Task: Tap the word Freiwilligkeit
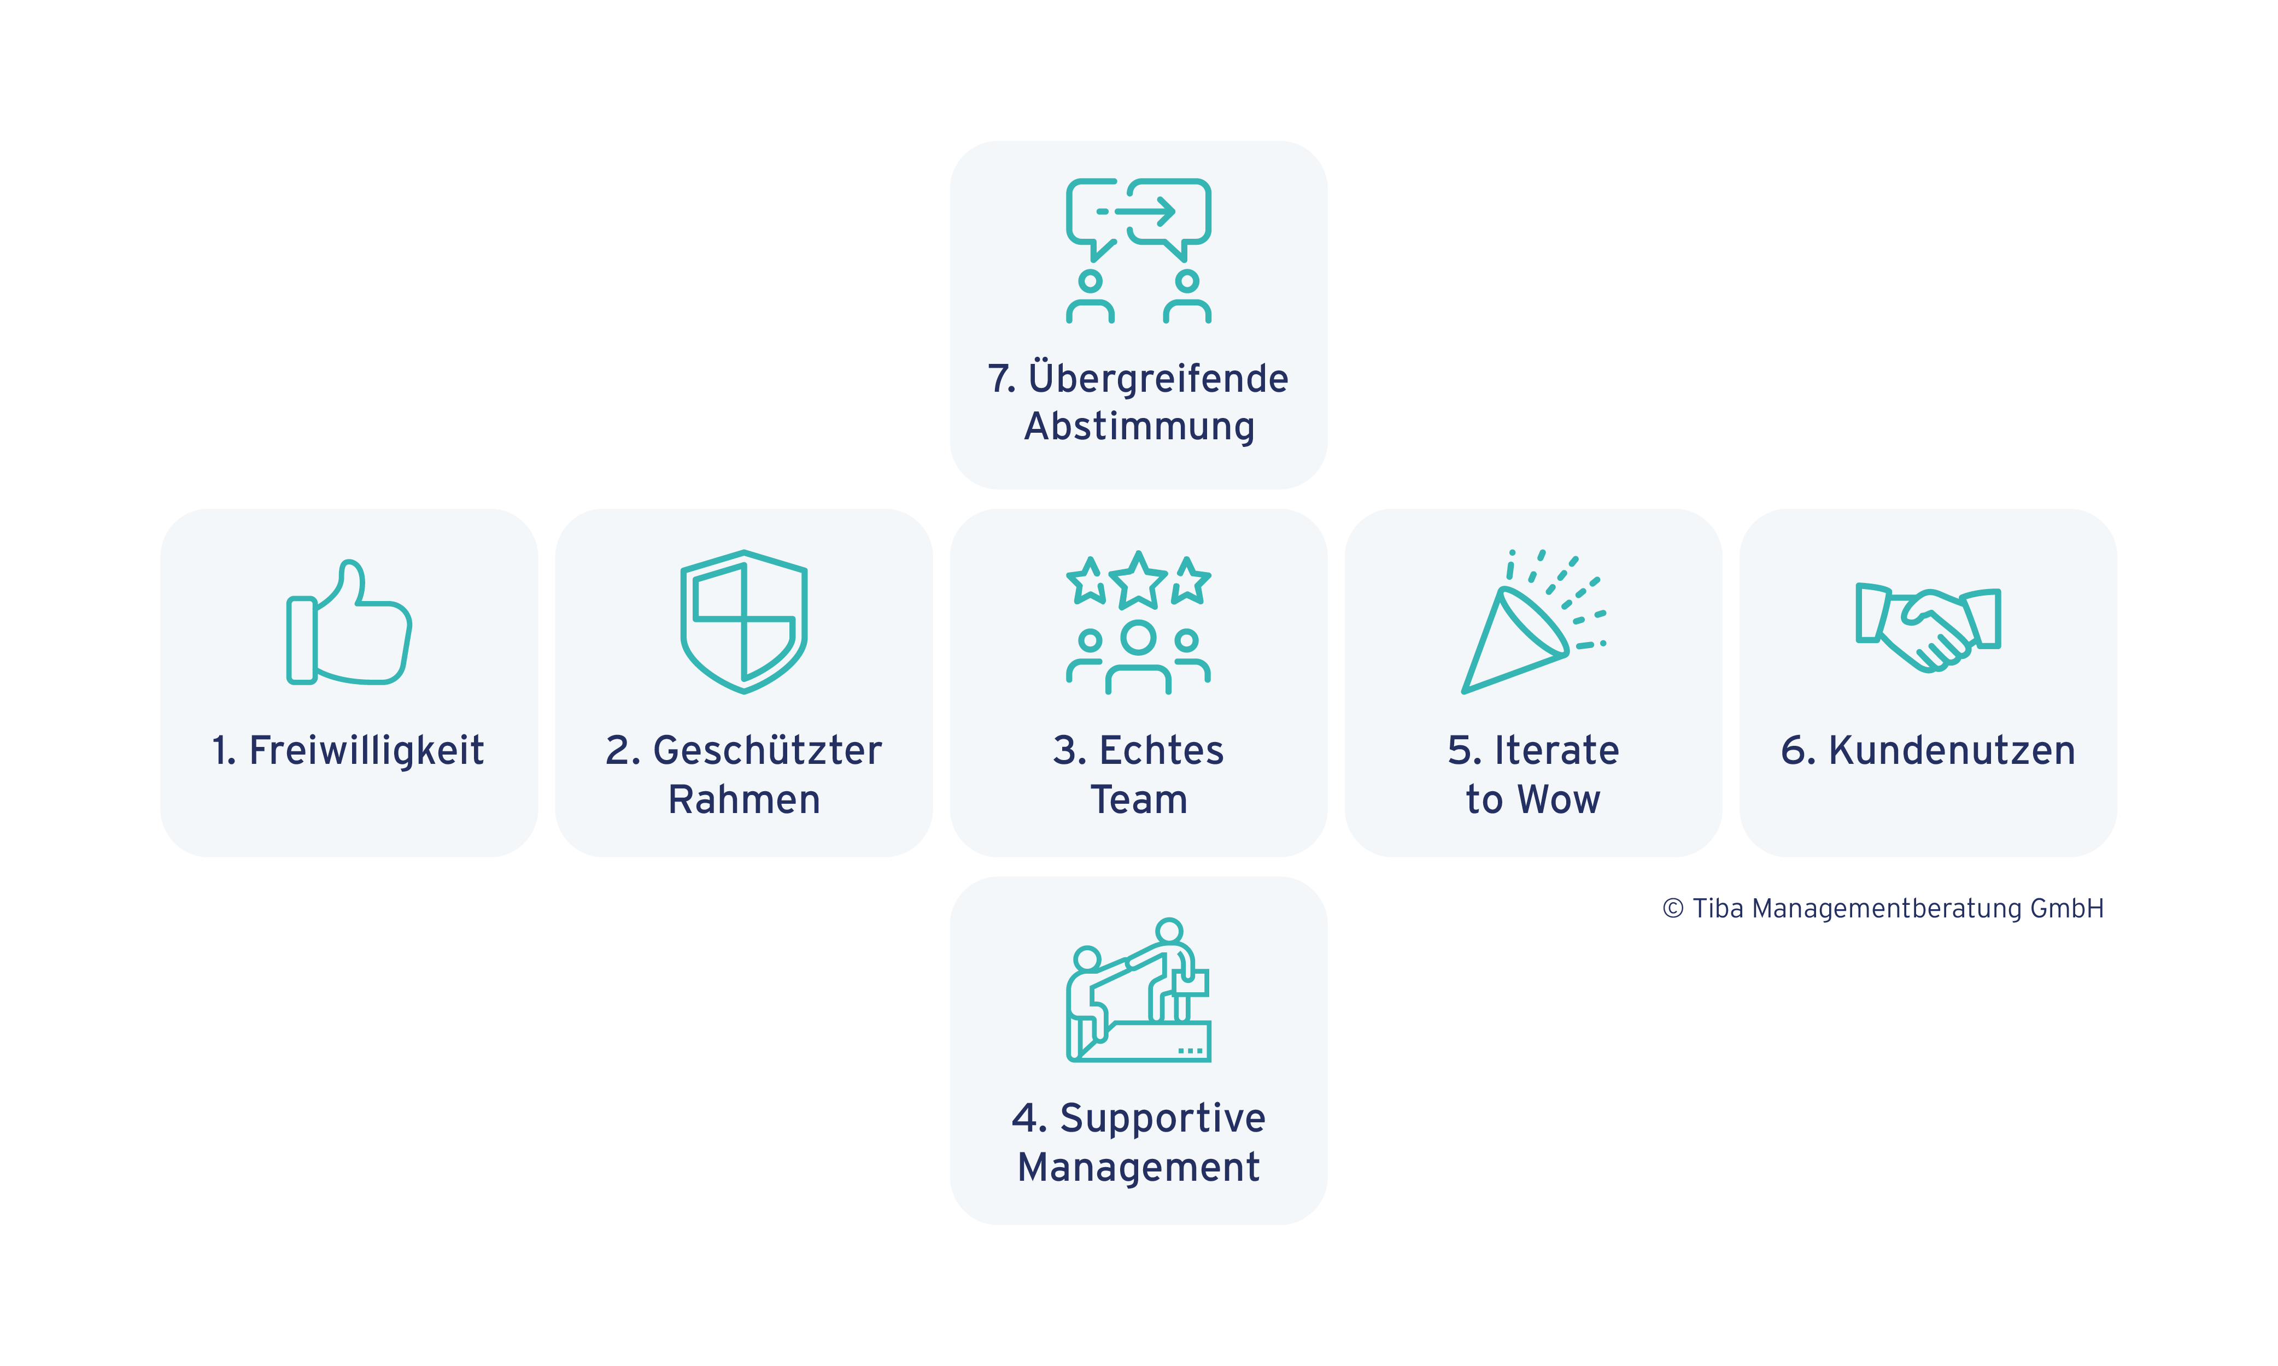pyautogui.click(x=366, y=750)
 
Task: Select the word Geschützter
pyautogui.click(x=767, y=750)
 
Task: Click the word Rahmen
pyautogui.click(x=744, y=799)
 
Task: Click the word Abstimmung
pyautogui.click(x=1139, y=426)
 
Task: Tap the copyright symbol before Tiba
pyautogui.click(x=1673, y=909)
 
